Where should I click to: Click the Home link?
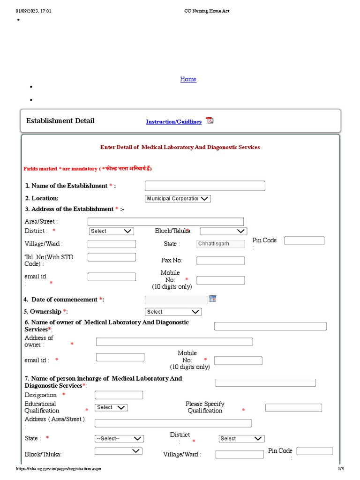(x=188, y=79)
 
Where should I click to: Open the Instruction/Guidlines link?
(x=173, y=122)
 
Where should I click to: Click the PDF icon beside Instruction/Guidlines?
(x=210, y=120)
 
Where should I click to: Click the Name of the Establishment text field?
(x=205, y=186)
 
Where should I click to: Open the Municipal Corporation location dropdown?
(x=178, y=199)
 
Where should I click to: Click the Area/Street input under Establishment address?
(x=165, y=221)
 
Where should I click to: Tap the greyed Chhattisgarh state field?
(x=220, y=244)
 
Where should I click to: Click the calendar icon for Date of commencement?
(x=212, y=299)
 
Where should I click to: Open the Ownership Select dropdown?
(x=173, y=312)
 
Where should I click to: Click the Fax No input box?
(x=220, y=261)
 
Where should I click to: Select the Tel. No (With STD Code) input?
(x=112, y=257)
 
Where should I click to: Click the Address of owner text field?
(x=174, y=342)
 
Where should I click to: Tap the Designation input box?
(x=119, y=395)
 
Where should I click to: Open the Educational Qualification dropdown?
(x=111, y=408)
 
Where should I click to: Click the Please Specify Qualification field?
(x=293, y=408)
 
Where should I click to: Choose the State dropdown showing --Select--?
(x=119, y=439)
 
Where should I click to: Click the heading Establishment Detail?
(x=60, y=121)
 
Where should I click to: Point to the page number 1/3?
(x=341, y=469)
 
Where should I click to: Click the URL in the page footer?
(x=59, y=469)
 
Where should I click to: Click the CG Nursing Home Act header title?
(x=207, y=11)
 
